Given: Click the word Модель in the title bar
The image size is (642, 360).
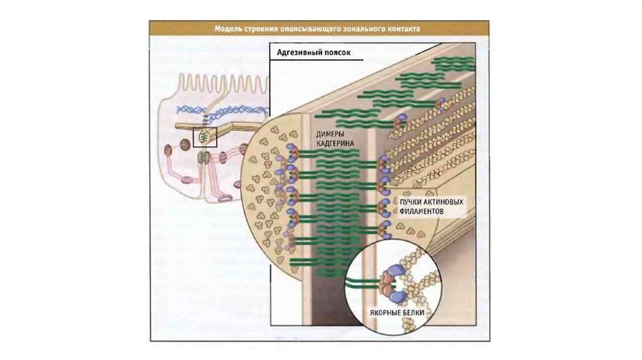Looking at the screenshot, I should [x=228, y=28].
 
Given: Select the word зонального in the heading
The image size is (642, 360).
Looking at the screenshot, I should [x=355, y=28].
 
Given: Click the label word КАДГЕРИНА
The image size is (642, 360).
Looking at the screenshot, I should [x=334, y=144].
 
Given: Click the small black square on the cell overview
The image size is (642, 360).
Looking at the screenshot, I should [x=204, y=137].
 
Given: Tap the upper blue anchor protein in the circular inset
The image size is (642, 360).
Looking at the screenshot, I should [x=394, y=271].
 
